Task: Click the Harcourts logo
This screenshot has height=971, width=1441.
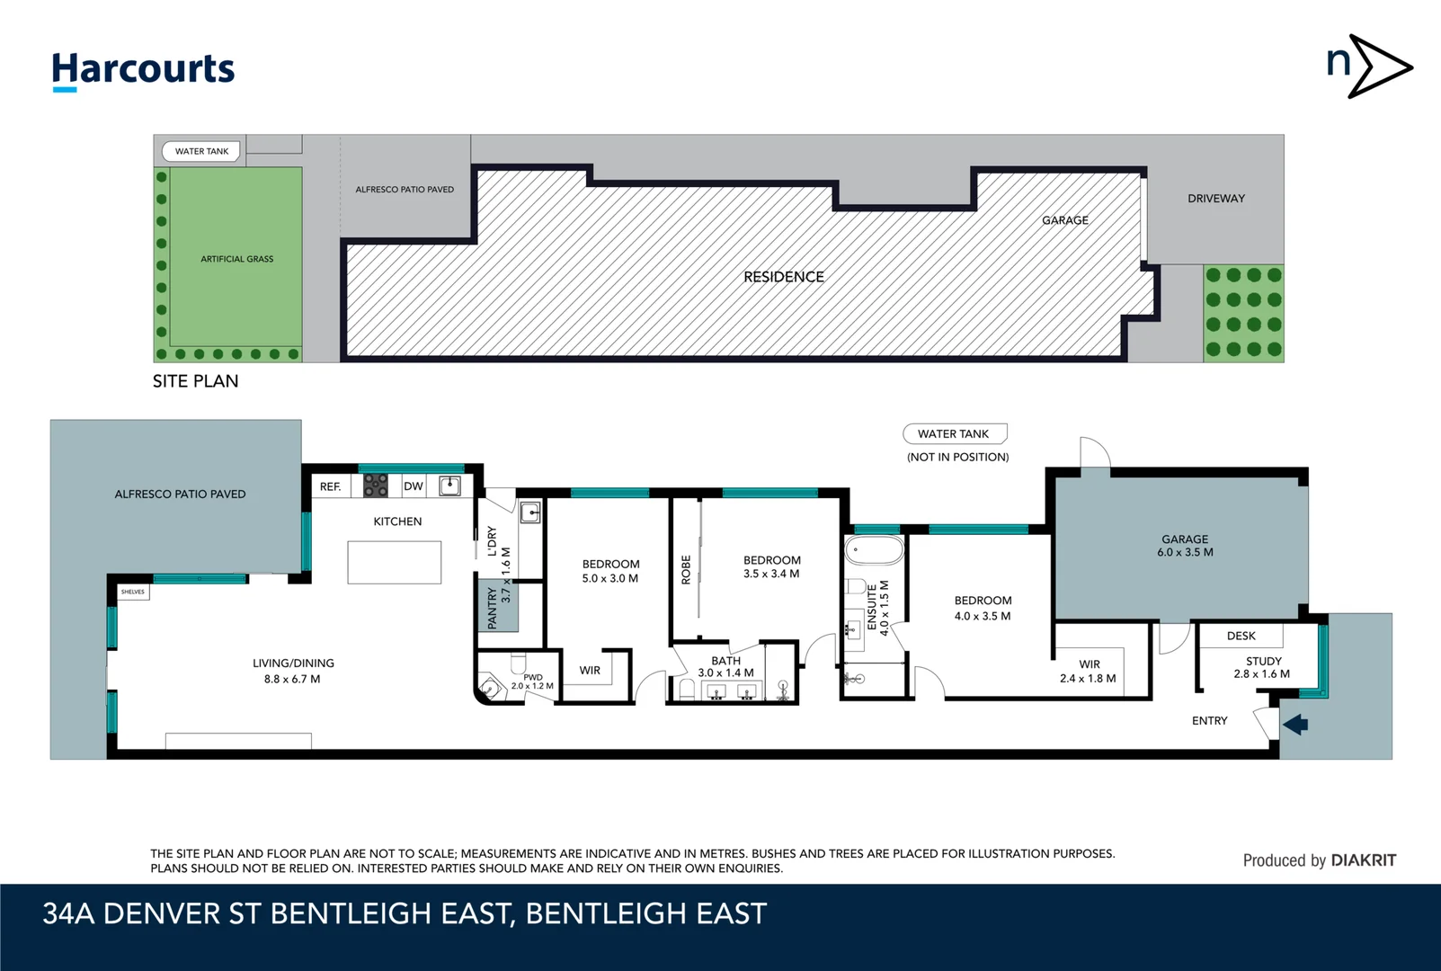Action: click(143, 70)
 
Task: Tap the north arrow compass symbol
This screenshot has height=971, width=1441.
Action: click(1368, 67)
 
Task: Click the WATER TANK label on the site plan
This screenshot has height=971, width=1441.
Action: click(201, 151)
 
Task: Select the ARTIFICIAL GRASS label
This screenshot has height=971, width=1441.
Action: click(236, 259)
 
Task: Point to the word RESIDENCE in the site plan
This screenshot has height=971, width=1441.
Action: click(783, 277)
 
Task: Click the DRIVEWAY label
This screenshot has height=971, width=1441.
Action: click(1215, 199)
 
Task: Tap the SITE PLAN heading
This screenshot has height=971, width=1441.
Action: click(195, 381)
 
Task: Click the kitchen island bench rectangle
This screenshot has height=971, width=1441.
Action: click(394, 562)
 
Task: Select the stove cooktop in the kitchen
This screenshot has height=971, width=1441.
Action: click(375, 486)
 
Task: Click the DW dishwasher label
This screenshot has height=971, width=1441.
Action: click(413, 486)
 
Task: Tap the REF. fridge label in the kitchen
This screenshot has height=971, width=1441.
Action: click(330, 486)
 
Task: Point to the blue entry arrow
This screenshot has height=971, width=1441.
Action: click(1295, 724)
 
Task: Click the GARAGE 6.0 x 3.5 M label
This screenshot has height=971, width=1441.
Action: click(1184, 546)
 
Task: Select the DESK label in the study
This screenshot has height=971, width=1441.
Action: click(1241, 636)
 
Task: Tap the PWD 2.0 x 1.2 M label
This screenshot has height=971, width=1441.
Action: click(532, 681)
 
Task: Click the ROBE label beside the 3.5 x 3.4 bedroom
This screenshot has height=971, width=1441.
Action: click(686, 570)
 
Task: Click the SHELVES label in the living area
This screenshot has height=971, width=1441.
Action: click(133, 592)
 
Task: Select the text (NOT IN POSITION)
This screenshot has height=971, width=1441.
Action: click(957, 457)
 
